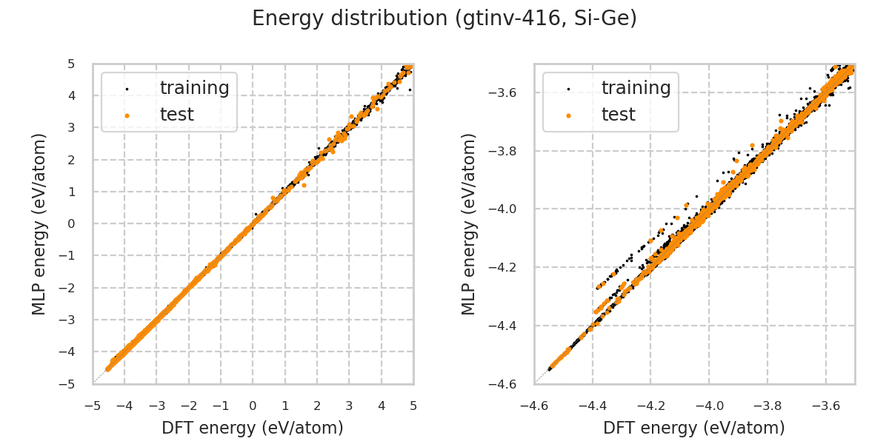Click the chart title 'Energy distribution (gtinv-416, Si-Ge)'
tap(444, 18)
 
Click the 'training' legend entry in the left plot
tap(194, 88)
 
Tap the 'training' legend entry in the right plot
tap(636, 88)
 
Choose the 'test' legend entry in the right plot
tap(618, 115)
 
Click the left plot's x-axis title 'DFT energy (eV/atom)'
tap(253, 428)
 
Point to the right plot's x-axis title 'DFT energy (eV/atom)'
tap(694, 428)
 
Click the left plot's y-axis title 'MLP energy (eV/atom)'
tap(39, 223)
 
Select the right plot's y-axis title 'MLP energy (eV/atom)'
tap(469, 223)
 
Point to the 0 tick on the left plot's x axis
tap(253, 406)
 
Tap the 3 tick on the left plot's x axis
tap(349, 406)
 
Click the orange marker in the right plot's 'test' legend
tap(568, 115)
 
